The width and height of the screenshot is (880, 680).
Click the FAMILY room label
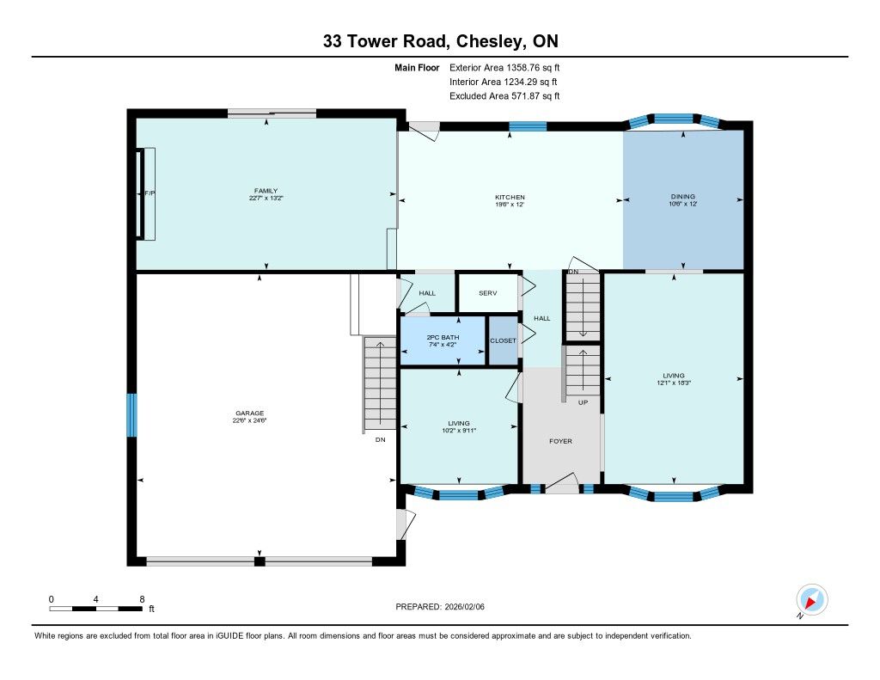[x=266, y=191]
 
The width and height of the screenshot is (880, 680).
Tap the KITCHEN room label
[x=510, y=197]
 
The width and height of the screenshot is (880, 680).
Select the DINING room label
[x=683, y=197]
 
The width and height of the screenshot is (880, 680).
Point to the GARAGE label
[x=250, y=414]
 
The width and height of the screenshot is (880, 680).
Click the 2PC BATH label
[x=443, y=338]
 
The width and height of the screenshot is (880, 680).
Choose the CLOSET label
[x=503, y=340]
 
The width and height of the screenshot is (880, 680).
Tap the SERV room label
[x=488, y=293]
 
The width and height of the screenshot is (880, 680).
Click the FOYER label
[x=560, y=441]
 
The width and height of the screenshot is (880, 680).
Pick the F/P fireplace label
[x=150, y=193]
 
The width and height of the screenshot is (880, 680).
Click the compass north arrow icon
[x=811, y=600]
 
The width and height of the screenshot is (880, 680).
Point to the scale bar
[x=96, y=608]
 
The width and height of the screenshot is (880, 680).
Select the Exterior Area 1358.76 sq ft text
[x=504, y=68]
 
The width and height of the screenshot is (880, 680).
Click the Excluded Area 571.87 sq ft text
[x=504, y=96]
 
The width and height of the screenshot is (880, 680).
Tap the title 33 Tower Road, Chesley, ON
[x=441, y=41]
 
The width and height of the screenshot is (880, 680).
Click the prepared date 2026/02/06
[x=465, y=607]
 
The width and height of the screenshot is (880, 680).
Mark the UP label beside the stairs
[x=584, y=402]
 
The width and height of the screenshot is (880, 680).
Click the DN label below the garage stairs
[x=381, y=439]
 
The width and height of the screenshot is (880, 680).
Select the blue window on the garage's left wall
[x=131, y=415]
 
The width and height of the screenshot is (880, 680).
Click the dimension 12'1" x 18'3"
[x=674, y=383]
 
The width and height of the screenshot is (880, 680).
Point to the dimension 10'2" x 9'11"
[x=459, y=431]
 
